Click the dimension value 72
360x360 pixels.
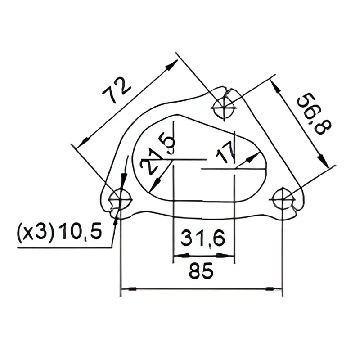coord(117,90)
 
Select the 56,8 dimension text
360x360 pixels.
coord(314,114)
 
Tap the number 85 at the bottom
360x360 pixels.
coord(201,271)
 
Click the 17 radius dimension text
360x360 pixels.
coord(225,154)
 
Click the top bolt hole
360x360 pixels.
coord(224,108)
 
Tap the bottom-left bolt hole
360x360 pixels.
coord(120,199)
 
